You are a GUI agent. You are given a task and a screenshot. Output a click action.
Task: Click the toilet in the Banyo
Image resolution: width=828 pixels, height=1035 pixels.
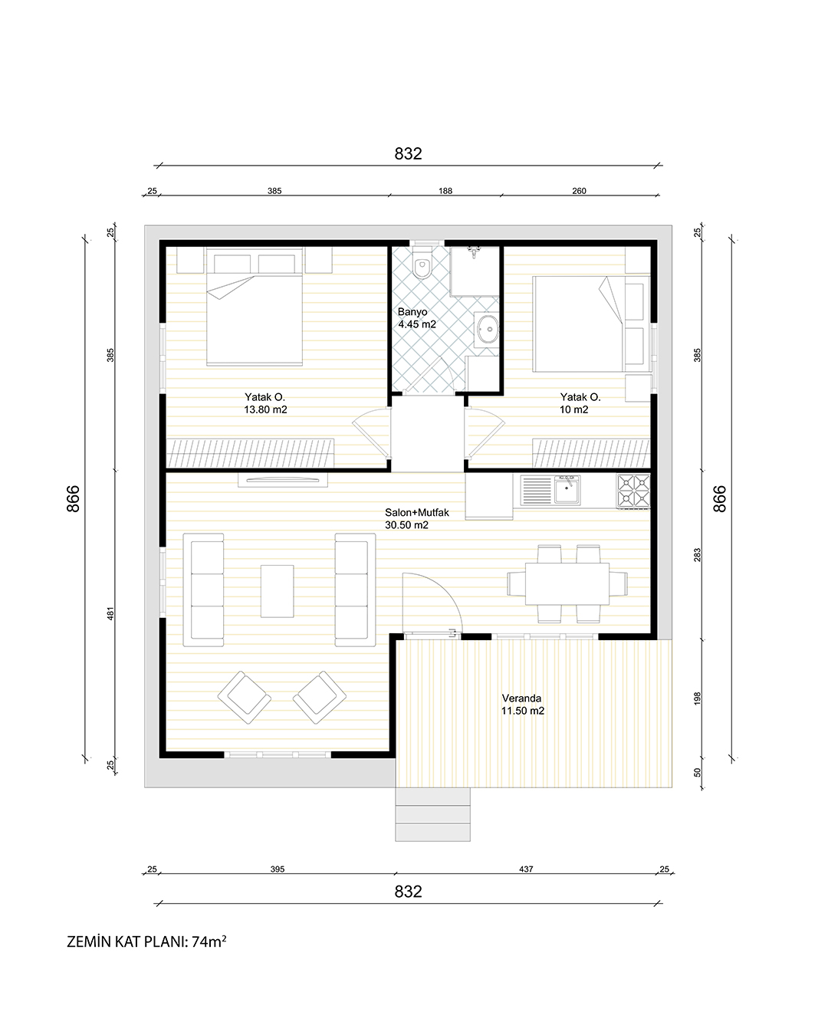coord(422,263)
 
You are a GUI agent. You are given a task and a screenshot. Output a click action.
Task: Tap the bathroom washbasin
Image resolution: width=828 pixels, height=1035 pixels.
coord(486,330)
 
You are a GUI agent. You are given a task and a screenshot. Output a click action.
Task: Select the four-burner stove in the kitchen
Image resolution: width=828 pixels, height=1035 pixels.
coord(633,491)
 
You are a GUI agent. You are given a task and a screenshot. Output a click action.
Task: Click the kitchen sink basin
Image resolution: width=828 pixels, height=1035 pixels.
coord(567,490)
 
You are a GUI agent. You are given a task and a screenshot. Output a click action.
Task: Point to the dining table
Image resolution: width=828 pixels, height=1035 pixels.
coord(567,584)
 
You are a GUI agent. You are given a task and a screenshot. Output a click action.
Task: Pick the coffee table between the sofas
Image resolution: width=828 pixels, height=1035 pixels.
coord(277,591)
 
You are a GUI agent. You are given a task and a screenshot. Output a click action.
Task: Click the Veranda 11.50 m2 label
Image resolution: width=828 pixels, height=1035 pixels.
coord(523,704)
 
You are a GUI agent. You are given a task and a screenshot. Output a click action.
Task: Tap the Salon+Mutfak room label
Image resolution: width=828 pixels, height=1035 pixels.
coord(416,518)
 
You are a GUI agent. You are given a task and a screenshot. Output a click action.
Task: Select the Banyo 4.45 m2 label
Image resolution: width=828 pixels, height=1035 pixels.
coord(416,318)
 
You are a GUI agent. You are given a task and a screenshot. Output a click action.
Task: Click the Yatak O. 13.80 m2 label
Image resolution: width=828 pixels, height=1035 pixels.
coord(265,403)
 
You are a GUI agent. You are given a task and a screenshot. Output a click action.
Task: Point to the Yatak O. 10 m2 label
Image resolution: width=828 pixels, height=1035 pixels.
coord(580,403)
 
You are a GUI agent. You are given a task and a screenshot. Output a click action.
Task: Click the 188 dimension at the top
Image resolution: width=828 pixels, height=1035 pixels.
coord(445,191)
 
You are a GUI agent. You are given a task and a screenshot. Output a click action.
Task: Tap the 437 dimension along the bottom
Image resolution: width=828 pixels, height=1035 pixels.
coord(526,869)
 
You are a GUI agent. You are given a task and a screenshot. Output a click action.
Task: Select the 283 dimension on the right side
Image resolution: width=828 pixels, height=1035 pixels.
coord(698,555)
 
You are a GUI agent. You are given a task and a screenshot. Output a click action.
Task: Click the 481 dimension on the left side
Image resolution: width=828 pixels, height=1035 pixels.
coord(110,613)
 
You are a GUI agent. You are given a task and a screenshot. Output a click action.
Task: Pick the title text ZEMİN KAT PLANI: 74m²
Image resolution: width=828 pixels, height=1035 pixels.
coord(146,941)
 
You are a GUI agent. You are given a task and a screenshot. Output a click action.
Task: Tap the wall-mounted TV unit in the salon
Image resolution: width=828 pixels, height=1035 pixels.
coord(283,480)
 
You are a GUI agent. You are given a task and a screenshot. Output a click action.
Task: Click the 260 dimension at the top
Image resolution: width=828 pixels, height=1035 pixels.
coord(579,191)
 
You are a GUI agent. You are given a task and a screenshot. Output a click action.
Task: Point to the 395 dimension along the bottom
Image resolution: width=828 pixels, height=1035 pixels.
coord(277,869)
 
